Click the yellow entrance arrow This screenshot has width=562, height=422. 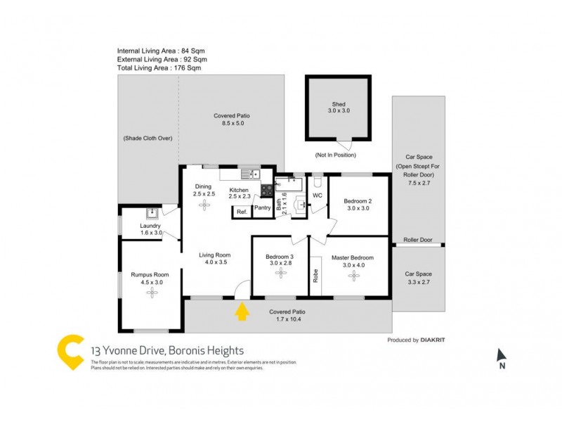pyautogui.click(x=242, y=311)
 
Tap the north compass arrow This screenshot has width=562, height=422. pyautogui.click(x=501, y=356)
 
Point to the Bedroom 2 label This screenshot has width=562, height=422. pyautogui.click(x=358, y=202)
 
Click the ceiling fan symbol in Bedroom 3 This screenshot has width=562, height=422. pyautogui.click(x=280, y=272)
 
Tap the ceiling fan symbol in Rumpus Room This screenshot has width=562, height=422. pyautogui.click(x=151, y=291)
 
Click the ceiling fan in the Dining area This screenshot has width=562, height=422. pyautogui.click(x=204, y=205)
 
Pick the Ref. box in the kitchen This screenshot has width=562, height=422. pyautogui.click(x=242, y=212)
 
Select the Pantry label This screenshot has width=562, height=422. pyautogui.click(x=263, y=207)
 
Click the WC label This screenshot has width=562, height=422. pyautogui.click(x=317, y=195)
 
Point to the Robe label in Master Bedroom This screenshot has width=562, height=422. pyautogui.click(x=315, y=276)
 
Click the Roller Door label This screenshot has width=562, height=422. pyautogui.click(x=417, y=240)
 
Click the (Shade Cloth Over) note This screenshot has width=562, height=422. pyautogui.click(x=148, y=139)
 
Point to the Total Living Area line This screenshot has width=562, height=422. pyautogui.click(x=159, y=68)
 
